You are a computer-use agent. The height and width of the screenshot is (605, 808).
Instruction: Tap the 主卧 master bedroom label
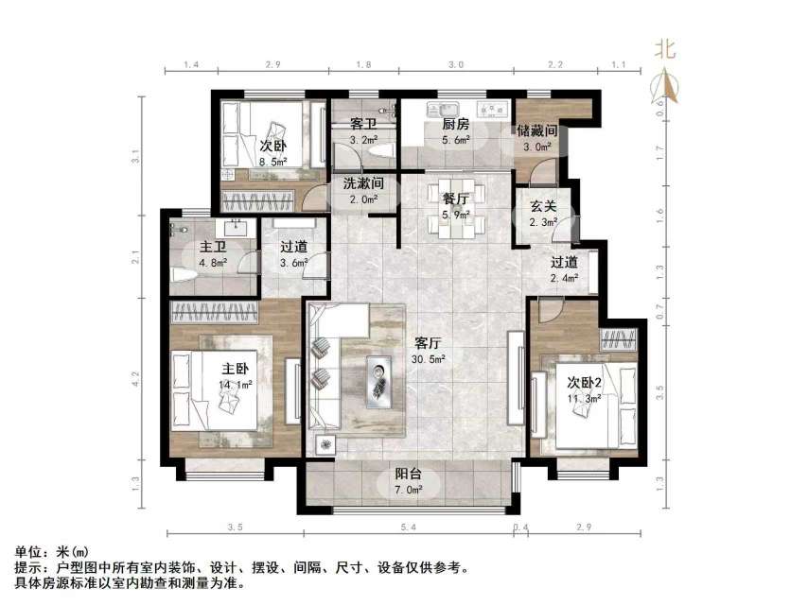(x=236, y=369)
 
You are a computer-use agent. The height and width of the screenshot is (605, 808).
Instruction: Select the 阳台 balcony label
(x=408, y=476)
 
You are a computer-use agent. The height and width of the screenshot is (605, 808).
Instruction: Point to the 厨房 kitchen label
(x=455, y=124)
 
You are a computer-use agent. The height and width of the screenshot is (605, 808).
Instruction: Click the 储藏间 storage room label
(x=537, y=130)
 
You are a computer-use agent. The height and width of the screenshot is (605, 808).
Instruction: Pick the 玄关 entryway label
(x=541, y=207)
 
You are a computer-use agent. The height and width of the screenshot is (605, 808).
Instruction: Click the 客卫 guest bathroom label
(x=363, y=125)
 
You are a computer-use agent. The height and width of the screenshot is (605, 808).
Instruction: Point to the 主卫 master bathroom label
(x=210, y=248)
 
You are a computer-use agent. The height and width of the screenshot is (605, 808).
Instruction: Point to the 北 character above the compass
(x=667, y=50)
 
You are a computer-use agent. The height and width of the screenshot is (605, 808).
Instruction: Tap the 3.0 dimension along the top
(x=455, y=65)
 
